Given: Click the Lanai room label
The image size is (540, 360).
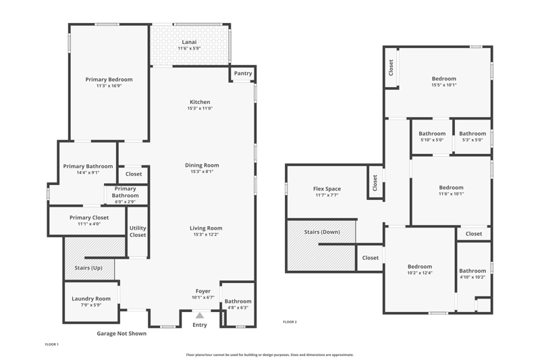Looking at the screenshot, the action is (x=189, y=42).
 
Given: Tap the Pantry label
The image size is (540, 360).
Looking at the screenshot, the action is (x=243, y=74).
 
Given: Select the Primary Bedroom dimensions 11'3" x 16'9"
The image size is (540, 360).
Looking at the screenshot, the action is (x=109, y=86).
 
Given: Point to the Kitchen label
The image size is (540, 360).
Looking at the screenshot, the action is (x=200, y=102).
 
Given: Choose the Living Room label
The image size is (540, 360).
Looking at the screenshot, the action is (x=206, y=228).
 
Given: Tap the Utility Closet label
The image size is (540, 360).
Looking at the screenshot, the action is (x=138, y=232).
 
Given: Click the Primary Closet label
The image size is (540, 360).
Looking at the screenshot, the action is (x=89, y=217).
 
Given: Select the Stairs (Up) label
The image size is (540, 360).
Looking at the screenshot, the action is (x=88, y=267).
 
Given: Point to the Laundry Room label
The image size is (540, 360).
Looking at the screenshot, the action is (x=91, y=299).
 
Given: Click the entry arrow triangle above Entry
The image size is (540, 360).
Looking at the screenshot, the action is (x=200, y=315).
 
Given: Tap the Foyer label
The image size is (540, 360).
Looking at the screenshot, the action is (x=203, y=291).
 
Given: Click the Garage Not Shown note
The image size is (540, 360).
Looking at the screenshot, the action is (x=122, y=334).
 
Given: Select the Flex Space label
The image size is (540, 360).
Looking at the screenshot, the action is (x=327, y=189).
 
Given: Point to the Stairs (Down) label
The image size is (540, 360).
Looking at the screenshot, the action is (x=322, y=232).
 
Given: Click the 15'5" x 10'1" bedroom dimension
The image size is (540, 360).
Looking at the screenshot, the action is (x=444, y=84).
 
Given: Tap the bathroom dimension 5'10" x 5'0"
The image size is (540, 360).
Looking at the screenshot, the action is (x=432, y=140).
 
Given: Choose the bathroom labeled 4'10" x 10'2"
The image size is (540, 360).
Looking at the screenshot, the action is (x=473, y=271).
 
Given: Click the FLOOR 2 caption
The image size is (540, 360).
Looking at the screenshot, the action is (x=290, y=322).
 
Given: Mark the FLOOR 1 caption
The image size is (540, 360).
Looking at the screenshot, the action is (x=52, y=344).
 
